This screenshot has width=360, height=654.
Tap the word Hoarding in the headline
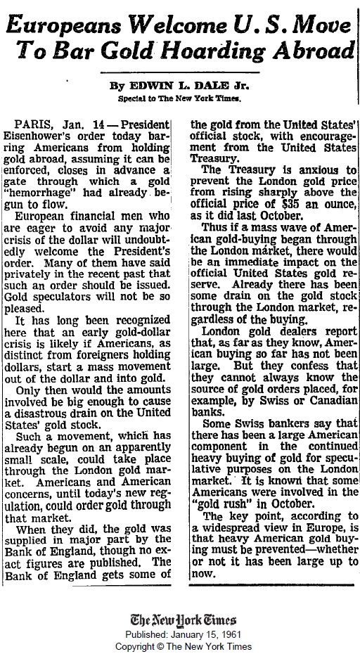point(221,51)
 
